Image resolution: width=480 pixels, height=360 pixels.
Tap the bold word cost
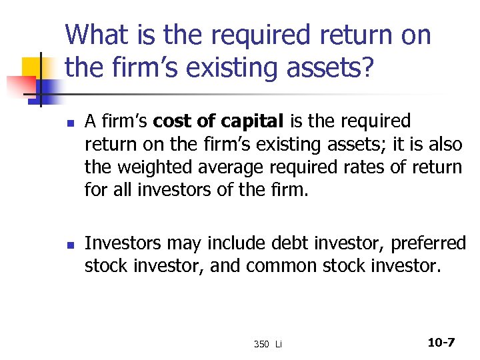(172, 122)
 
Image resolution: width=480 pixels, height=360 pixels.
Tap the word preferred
(428, 244)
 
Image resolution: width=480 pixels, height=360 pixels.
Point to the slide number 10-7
(441, 343)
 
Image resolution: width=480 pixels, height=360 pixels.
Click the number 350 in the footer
(261, 344)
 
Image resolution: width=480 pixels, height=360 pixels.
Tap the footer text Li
(278, 344)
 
